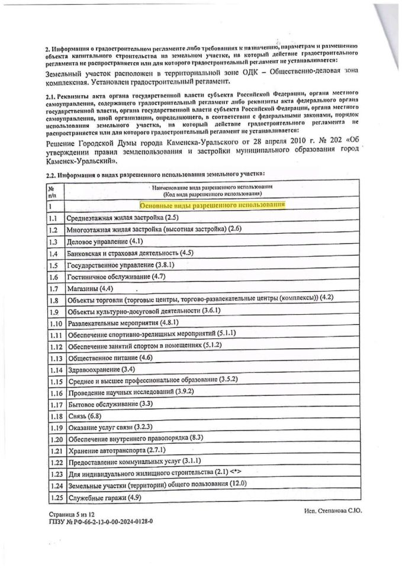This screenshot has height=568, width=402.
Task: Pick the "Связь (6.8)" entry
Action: pos(83,416)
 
